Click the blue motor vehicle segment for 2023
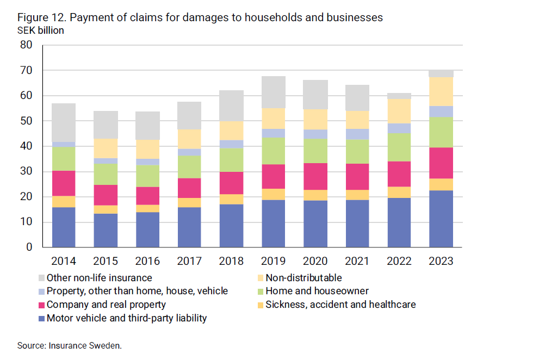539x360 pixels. [x=441, y=219]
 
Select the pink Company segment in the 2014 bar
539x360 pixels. [x=64, y=183]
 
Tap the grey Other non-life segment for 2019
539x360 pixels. [x=273, y=92]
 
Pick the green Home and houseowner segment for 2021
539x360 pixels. [x=357, y=152]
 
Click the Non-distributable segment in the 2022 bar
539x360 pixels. [x=399, y=111]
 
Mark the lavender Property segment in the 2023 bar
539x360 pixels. [x=441, y=111]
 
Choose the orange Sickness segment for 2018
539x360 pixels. [x=231, y=199]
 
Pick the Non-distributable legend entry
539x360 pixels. [x=303, y=278]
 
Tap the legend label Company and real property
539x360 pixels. [x=106, y=305]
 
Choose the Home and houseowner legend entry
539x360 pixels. [x=317, y=291]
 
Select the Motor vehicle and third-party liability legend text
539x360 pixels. [x=127, y=318]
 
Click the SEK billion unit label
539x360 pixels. [x=41, y=30]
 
